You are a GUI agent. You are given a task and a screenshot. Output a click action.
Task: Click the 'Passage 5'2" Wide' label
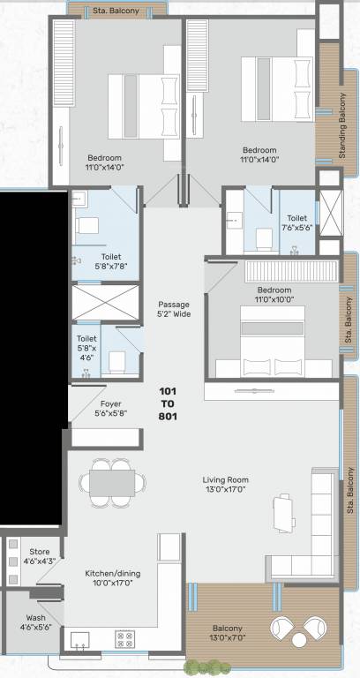174,309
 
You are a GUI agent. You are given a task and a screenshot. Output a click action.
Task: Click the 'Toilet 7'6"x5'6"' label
296,222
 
